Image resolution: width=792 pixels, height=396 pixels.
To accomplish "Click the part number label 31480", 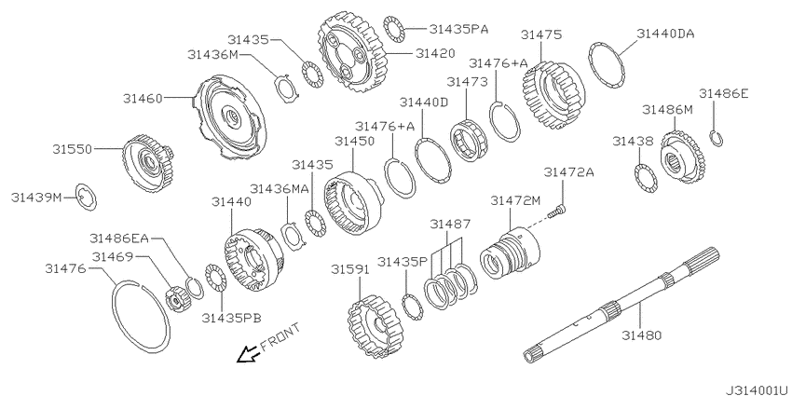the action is pos(641,335).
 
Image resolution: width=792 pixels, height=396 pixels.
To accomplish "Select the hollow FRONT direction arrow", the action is pos(249,354).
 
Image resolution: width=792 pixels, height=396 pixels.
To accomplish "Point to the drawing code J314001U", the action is pos(757,390).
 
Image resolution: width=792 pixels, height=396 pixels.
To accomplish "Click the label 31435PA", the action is pos(458,29).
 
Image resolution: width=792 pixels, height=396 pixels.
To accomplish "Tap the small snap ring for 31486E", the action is pos(716,139).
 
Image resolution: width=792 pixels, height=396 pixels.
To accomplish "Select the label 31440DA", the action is pos(665,34).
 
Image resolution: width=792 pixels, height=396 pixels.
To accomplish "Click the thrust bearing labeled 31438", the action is pos(646,178).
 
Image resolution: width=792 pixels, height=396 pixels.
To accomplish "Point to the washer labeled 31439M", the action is pos(87,198).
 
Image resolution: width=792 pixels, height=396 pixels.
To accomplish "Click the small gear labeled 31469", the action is pos(176,298).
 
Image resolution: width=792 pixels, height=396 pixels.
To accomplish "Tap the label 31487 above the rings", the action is pos(450,224).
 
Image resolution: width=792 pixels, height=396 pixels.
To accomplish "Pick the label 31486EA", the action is pos(119,238).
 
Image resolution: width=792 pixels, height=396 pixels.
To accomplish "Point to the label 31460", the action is pos(143,99).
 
